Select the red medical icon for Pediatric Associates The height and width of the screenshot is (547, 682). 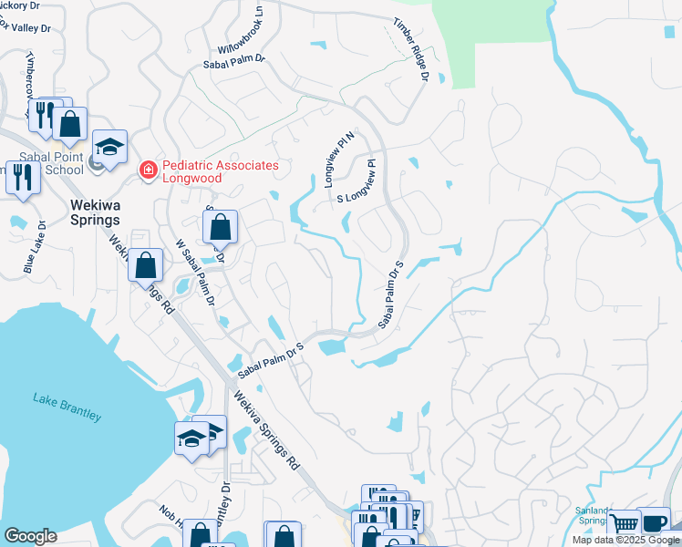coord(146,170)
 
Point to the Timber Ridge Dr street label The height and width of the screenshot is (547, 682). coord(411,49)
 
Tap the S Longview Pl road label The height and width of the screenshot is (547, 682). coord(356,185)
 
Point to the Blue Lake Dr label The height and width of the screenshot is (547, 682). coord(35,247)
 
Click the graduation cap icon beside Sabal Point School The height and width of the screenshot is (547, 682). coord(109,148)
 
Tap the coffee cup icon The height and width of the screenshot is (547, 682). coord(653,521)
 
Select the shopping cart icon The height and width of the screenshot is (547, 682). coord(624,524)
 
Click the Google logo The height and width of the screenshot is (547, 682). coord(30,536)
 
